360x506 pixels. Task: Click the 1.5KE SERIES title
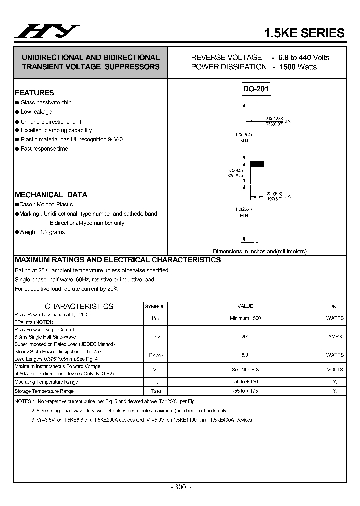[304, 33]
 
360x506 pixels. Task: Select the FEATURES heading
[34, 93]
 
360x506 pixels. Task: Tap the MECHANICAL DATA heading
[51, 195]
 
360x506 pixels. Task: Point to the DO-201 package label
[256, 89]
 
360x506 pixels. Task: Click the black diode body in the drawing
[257, 163]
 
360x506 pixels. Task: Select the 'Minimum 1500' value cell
[245, 318]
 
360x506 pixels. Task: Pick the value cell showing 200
[245, 337]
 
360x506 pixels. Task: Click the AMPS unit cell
[335, 337]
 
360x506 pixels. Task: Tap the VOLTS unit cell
[335, 370]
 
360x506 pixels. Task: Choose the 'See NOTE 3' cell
[245, 370]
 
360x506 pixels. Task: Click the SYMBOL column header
[154, 306]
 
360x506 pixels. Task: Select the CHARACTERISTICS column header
[79, 306]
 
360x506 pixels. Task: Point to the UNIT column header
[335, 306]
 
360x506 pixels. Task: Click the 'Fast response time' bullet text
[44, 149]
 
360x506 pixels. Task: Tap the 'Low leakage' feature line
[36, 112]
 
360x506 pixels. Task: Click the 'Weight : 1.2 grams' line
[42, 232]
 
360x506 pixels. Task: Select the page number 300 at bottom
[180, 487]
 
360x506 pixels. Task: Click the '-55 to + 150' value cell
[245, 382]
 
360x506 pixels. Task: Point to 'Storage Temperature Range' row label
[44, 391]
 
